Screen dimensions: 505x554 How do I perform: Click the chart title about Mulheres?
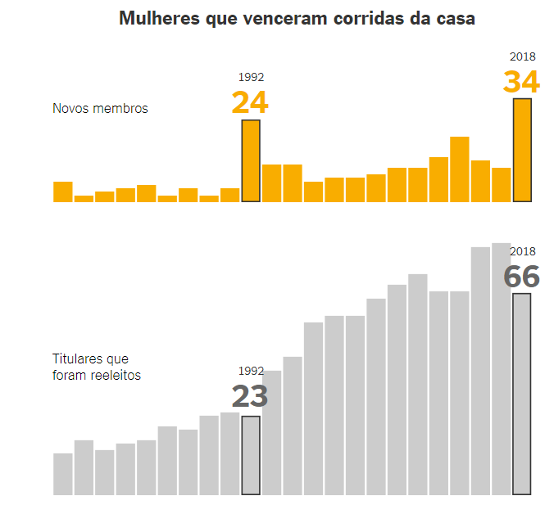pyautogui.click(x=297, y=18)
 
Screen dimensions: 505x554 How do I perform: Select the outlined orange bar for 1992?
pyautogui.click(x=251, y=161)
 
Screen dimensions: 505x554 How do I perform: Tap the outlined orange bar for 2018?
pyautogui.click(x=522, y=151)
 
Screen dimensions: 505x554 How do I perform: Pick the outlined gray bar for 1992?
pyautogui.click(x=251, y=456)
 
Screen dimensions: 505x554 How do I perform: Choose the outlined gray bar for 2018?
pyautogui.click(x=522, y=395)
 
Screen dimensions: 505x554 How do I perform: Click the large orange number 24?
pyautogui.click(x=250, y=103)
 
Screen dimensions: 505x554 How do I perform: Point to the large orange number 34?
pyautogui.click(x=521, y=83)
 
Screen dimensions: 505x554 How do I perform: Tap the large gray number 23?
pyautogui.click(x=250, y=397)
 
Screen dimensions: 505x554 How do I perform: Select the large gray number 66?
pyautogui.click(x=521, y=277)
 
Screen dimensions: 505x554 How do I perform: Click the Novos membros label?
pyautogui.click(x=100, y=109)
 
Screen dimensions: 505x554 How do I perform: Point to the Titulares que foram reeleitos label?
pyautogui.click(x=97, y=367)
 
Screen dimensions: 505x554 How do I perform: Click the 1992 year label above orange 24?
pyautogui.click(x=251, y=78)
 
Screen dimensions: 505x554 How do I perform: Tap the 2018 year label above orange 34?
pyautogui.click(x=522, y=56)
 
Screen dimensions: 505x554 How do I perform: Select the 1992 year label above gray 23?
pyautogui.click(x=251, y=371)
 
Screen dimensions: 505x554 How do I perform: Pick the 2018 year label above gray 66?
pyautogui.click(x=522, y=251)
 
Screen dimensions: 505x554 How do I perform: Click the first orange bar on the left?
pyautogui.click(x=63, y=192)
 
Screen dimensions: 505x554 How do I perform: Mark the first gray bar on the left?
pyautogui.click(x=63, y=474)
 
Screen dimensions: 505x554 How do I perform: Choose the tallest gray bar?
pyautogui.click(x=501, y=369)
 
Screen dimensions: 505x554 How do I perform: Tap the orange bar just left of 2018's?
pyautogui.click(x=501, y=185)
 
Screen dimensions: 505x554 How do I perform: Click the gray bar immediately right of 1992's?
pyautogui.click(x=271, y=433)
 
